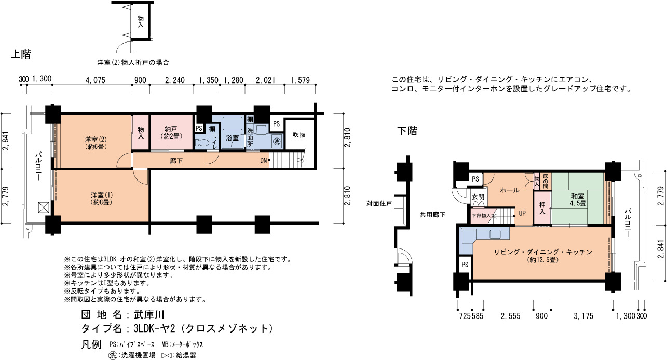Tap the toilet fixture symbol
202,142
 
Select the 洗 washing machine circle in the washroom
277,141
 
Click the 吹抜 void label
299,135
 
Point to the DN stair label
264,161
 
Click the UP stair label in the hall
522,213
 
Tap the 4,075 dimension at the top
96,80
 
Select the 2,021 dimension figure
266,80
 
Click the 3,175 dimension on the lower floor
583,316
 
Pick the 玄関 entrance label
478,197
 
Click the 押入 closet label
542,208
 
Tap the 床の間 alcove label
546,181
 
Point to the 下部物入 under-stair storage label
481,215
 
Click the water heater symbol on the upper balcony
44,207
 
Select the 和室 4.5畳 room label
578,200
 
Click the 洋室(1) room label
102,199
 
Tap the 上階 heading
21,54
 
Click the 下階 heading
407,131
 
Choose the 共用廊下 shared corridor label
433,215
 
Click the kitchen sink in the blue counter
495,234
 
